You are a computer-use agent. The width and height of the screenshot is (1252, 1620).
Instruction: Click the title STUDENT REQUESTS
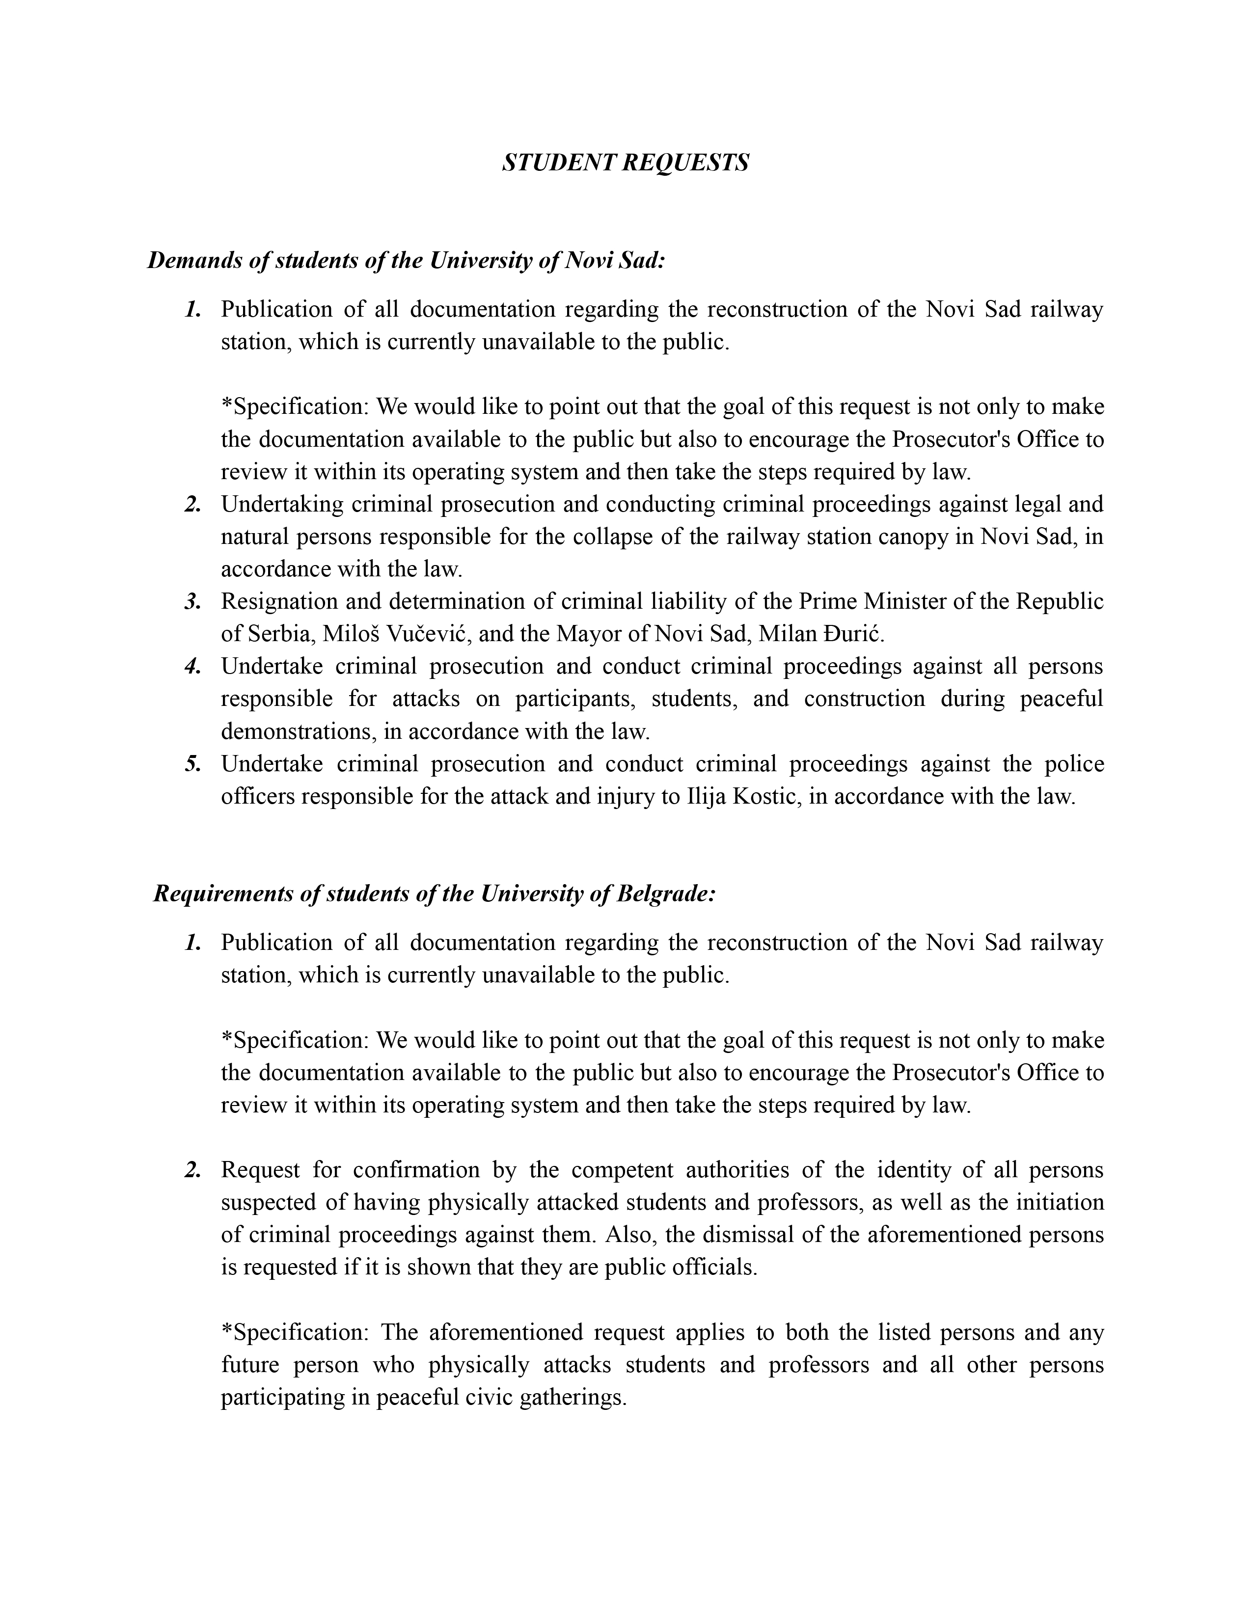(625, 162)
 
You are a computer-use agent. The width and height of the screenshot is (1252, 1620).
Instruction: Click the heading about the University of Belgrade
(434, 894)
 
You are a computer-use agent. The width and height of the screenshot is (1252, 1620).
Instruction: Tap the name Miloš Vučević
(398, 634)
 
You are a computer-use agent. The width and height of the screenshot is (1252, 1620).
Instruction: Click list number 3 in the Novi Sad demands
(193, 601)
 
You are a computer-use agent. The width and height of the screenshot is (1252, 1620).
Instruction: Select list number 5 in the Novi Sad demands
(193, 764)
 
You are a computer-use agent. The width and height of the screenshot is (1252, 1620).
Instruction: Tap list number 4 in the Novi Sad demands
(193, 666)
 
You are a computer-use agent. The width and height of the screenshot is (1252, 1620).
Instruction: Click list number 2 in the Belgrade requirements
(193, 1170)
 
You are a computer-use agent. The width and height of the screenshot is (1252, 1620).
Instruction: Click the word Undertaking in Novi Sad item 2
(282, 504)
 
